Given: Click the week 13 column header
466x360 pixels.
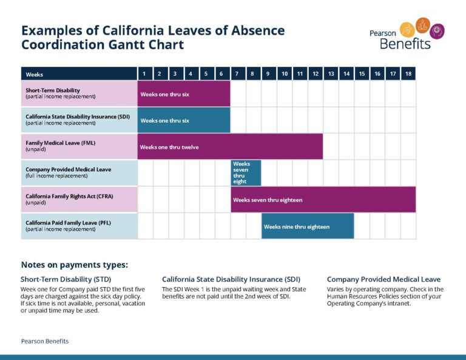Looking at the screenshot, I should [331, 74].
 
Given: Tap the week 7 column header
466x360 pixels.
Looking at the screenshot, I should [237, 74].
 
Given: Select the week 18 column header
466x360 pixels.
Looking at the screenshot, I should [408, 74].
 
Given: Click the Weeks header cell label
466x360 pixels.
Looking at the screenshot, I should [35, 75].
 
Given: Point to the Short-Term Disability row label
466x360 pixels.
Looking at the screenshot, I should [53, 90].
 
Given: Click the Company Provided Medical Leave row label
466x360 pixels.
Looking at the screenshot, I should [68, 169].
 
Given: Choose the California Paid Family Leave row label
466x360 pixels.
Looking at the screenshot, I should [68, 223].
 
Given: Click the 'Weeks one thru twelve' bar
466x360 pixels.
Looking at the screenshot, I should [230, 147].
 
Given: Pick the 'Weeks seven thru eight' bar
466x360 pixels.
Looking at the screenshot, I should [246, 173].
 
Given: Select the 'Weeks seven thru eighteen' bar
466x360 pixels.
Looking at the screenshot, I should [323, 200].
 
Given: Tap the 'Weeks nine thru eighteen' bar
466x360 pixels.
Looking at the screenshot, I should [308, 226].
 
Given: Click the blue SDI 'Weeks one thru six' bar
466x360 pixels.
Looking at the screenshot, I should [184, 120].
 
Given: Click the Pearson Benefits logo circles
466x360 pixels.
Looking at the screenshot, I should [423, 27].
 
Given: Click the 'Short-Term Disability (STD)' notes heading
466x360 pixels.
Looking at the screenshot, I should [65, 279].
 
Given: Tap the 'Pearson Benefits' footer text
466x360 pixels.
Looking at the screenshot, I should [44, 341].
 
